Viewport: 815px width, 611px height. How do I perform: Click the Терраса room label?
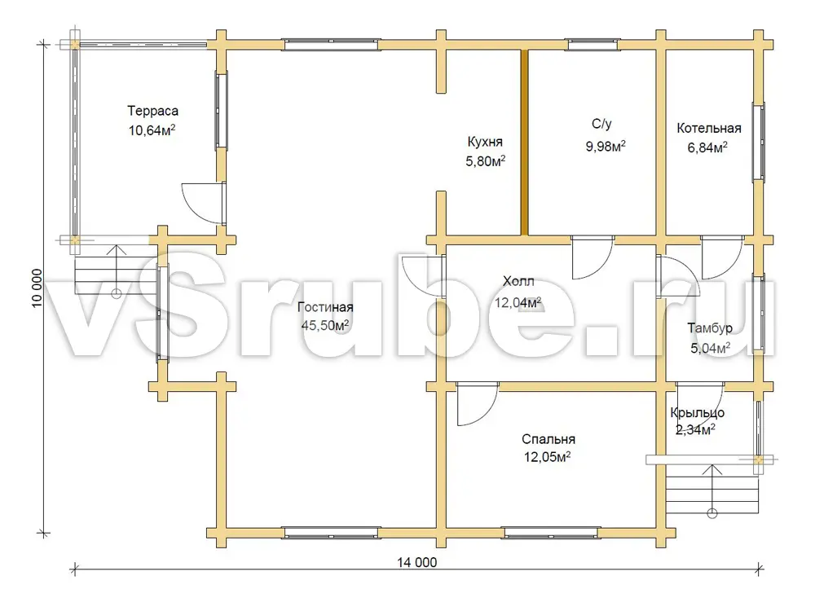[x=153, y=111]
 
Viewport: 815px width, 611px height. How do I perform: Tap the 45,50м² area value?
[x=325, y=325]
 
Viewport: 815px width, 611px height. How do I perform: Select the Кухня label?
[x=485, y=142]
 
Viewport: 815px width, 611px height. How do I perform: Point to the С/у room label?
[x=602, y=124]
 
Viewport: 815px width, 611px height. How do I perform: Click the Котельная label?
[x=709, y=129]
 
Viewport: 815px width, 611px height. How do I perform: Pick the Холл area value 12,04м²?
[x=518, y=302]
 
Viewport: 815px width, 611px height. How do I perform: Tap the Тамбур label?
[x=710, y=327]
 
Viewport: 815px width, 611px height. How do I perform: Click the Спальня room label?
[x=548, y=439]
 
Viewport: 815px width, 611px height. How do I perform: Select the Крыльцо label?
[x=698, y=412]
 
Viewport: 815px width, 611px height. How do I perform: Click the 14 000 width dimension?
[x=416, y=562]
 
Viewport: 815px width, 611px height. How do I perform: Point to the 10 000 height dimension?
[x=37, y=288]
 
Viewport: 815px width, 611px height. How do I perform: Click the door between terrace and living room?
[x=203, y=203]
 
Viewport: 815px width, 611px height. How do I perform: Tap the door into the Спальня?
[x=477, y=404]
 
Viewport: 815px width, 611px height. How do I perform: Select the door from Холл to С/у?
[x=593, y=257]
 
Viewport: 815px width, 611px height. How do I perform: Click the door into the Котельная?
[x=722, y=257]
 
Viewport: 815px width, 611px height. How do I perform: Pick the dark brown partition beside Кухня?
[x=524, y=143]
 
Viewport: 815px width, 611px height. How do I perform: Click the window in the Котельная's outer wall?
[x=759, y=142]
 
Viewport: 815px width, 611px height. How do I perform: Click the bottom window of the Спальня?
[x=551, y=533]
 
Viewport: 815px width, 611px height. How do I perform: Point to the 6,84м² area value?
[x=707, y=147]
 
